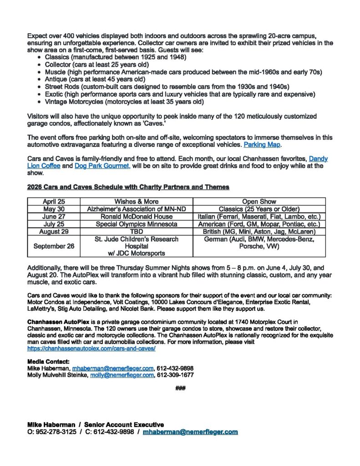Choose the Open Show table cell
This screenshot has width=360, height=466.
point(259,202)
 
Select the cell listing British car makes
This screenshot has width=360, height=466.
point(259,232)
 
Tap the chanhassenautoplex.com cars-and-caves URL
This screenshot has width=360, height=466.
point(91,348)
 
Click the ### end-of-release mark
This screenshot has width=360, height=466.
point(180,389)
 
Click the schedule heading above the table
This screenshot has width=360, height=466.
point(128,187)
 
